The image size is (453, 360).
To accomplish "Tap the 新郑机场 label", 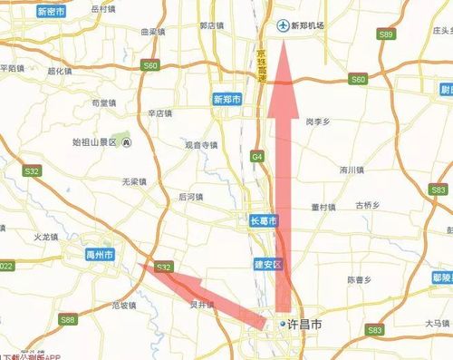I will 307,25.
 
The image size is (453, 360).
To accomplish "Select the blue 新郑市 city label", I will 226,99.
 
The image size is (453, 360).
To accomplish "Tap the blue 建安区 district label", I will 268,264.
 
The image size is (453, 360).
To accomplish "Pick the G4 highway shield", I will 257,157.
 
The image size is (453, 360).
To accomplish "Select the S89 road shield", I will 387,34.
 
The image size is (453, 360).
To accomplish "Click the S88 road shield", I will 68,319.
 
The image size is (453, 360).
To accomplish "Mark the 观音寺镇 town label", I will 201,144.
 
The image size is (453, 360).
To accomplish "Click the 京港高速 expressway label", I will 262,64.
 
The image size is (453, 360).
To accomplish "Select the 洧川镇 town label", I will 351,170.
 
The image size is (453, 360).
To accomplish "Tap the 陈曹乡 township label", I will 359,280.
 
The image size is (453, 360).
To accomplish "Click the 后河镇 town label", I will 191,196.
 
